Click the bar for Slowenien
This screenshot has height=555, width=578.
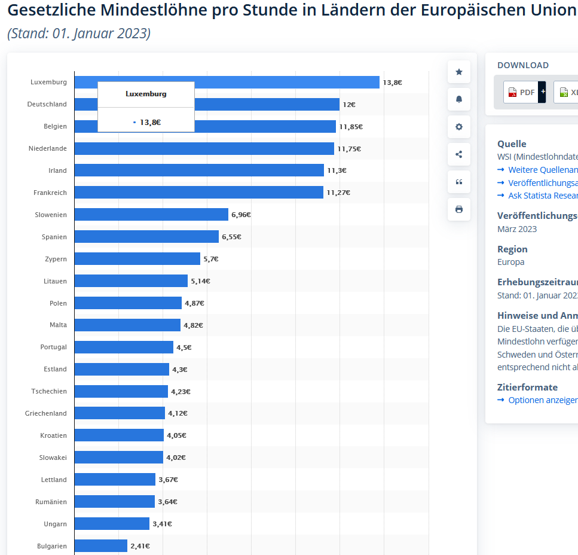151,215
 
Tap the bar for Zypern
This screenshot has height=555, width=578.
137,259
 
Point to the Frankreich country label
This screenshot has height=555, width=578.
50,193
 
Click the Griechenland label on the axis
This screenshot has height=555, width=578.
46,413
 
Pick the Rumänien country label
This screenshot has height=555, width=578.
51,502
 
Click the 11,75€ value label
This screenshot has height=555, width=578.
349,149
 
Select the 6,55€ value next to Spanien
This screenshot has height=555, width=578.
231,237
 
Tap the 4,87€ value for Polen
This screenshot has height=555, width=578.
194,303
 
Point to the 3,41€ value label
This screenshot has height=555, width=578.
162,524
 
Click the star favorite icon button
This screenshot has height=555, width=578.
459,72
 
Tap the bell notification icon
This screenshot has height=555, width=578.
459,99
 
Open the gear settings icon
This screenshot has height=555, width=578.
459,127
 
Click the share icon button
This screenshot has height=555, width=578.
459,154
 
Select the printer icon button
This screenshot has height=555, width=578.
459,209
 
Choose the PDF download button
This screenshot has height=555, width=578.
521,92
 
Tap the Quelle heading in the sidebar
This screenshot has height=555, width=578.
512,144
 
